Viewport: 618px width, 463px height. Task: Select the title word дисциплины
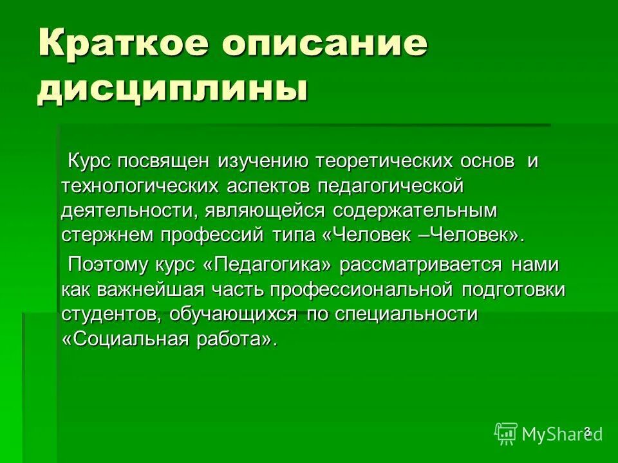(x=172, y=87)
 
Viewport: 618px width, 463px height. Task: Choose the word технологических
(x=141, y=186)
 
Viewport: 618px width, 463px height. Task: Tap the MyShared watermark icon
(x=506, y=433)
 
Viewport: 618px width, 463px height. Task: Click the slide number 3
(x=587, y=430)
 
